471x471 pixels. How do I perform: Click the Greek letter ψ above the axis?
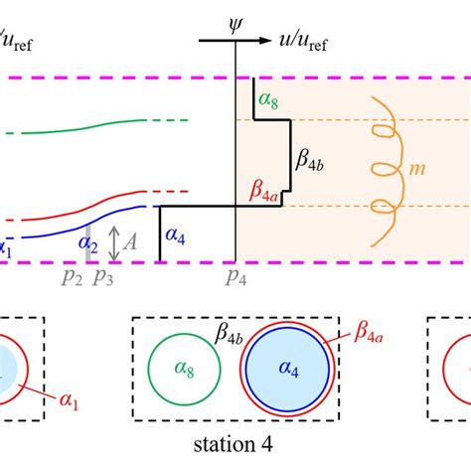pos(235,17)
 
